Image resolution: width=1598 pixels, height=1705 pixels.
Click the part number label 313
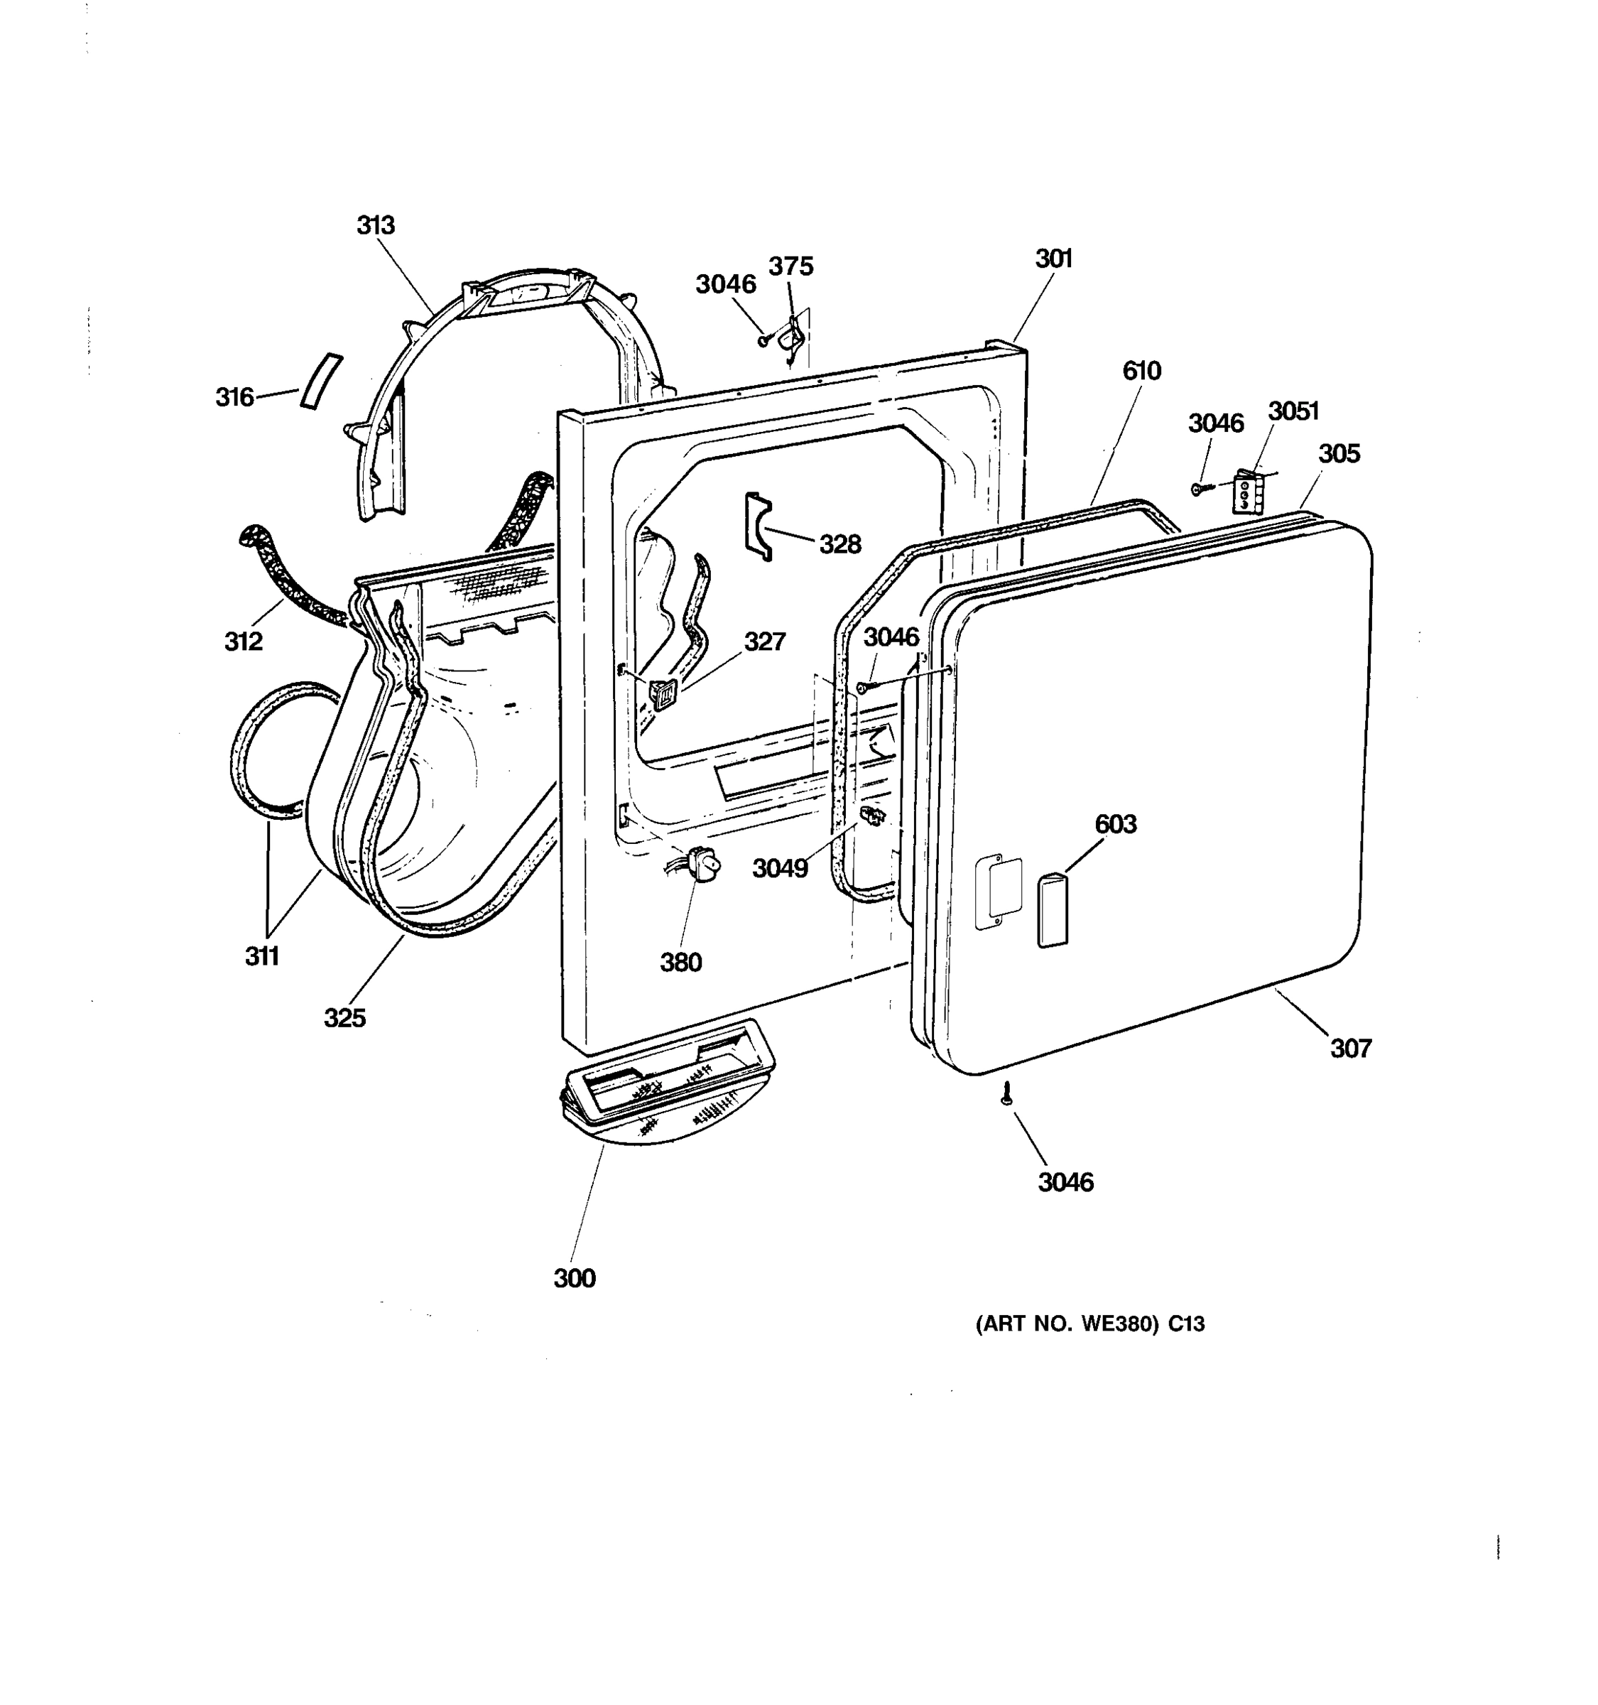[x=376, y=226]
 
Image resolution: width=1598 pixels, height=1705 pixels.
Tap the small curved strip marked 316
[x=320, y=381]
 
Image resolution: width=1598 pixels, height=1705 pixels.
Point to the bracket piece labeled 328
[x=758, y=526]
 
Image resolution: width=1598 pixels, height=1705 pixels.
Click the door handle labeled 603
[x=1053, y=910]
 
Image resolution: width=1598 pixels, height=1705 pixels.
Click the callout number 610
[x=1141, y=371]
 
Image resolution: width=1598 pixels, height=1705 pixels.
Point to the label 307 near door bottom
[x=1350, y=1048]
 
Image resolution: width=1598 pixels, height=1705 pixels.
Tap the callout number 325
[x=344, y=1018]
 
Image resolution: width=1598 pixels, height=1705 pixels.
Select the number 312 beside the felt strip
[x=244, y=641]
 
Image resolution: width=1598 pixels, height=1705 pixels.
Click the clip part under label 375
[x=791, y=337]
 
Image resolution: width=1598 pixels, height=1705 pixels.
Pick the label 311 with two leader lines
[x=262, y=956]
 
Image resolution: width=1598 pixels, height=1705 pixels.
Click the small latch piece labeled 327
[x=662, y=692]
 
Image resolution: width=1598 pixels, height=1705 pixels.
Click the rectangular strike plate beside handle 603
[x=999, y=889]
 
